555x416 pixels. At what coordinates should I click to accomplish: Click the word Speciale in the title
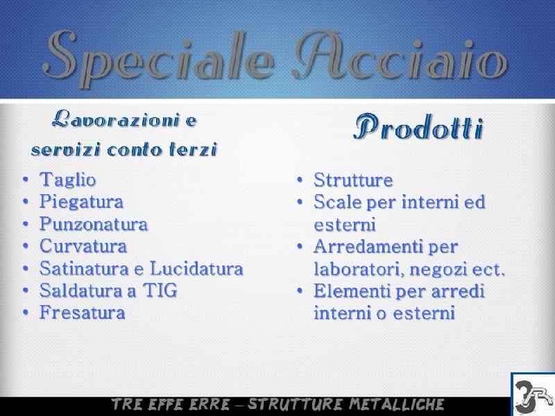pyautogui.click(x=157, y=58)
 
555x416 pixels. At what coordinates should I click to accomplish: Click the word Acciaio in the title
pyautogui.click(x=401, y=57)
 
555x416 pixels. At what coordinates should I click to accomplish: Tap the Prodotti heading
pyautogui.click(x=418, y=127)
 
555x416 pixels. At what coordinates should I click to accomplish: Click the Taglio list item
pyautogui.click(x=67, y=180)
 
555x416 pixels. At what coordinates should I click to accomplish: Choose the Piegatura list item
pyautogui.click(x=81, y=202)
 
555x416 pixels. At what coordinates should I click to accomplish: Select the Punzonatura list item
pyautogui.click(x=94, y=224)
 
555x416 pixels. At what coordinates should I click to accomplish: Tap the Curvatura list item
pyautogui.click(x=83, y=246)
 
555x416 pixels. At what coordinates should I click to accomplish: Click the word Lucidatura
pyautogui.click(x=196, y=268)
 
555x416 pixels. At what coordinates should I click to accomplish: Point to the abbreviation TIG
pyautogui.click(x=160, y=291)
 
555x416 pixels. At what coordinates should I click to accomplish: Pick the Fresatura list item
pyautogui.click(x=83, y=313)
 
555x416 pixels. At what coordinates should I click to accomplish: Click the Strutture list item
pyautogui.click(x=353, y=180)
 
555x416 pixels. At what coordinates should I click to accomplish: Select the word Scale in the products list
pyautogui.click(x=337, y=202)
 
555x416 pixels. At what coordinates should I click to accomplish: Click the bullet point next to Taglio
pyautogui.click(x=26, y=180)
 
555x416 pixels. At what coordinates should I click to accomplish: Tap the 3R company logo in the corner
pyautogui.click(x=533, y=395)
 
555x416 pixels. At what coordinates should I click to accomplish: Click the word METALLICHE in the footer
pyautogui.click(x=396, y=404)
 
